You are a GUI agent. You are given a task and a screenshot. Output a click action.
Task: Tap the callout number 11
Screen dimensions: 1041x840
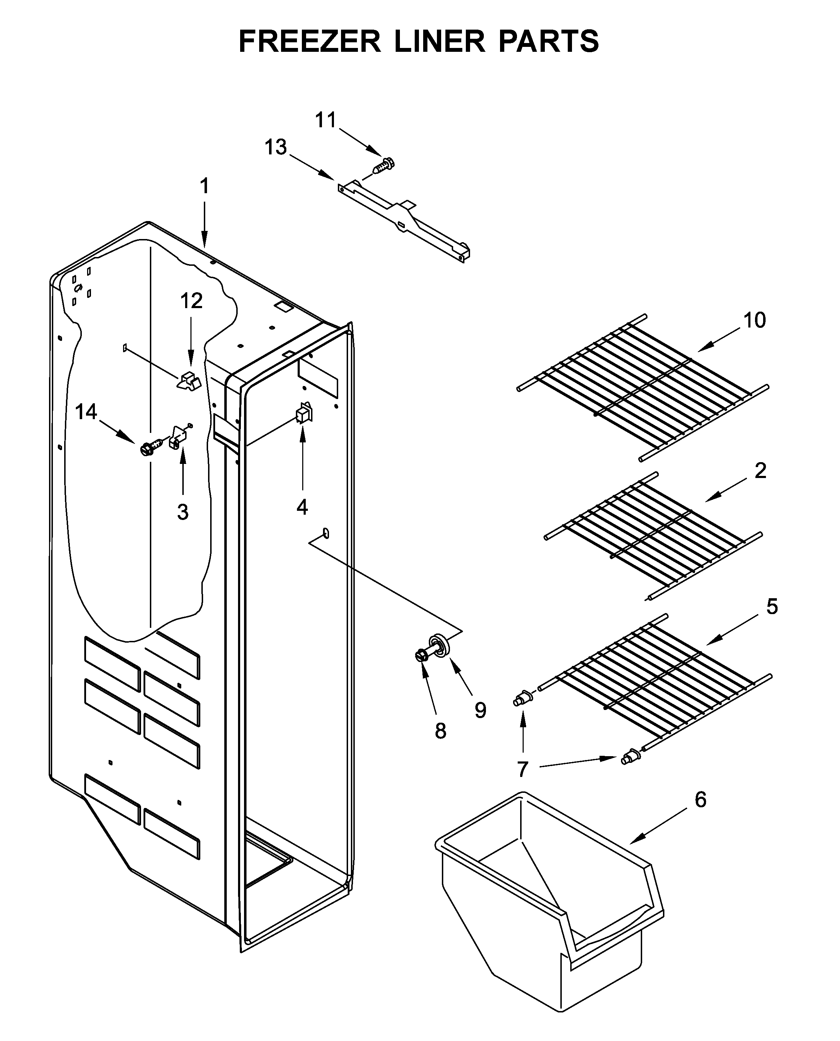[325, 120]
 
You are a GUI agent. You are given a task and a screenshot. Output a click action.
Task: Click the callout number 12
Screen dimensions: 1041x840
[191, 301]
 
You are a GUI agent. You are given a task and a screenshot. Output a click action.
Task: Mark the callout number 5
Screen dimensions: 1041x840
[772, 607]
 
